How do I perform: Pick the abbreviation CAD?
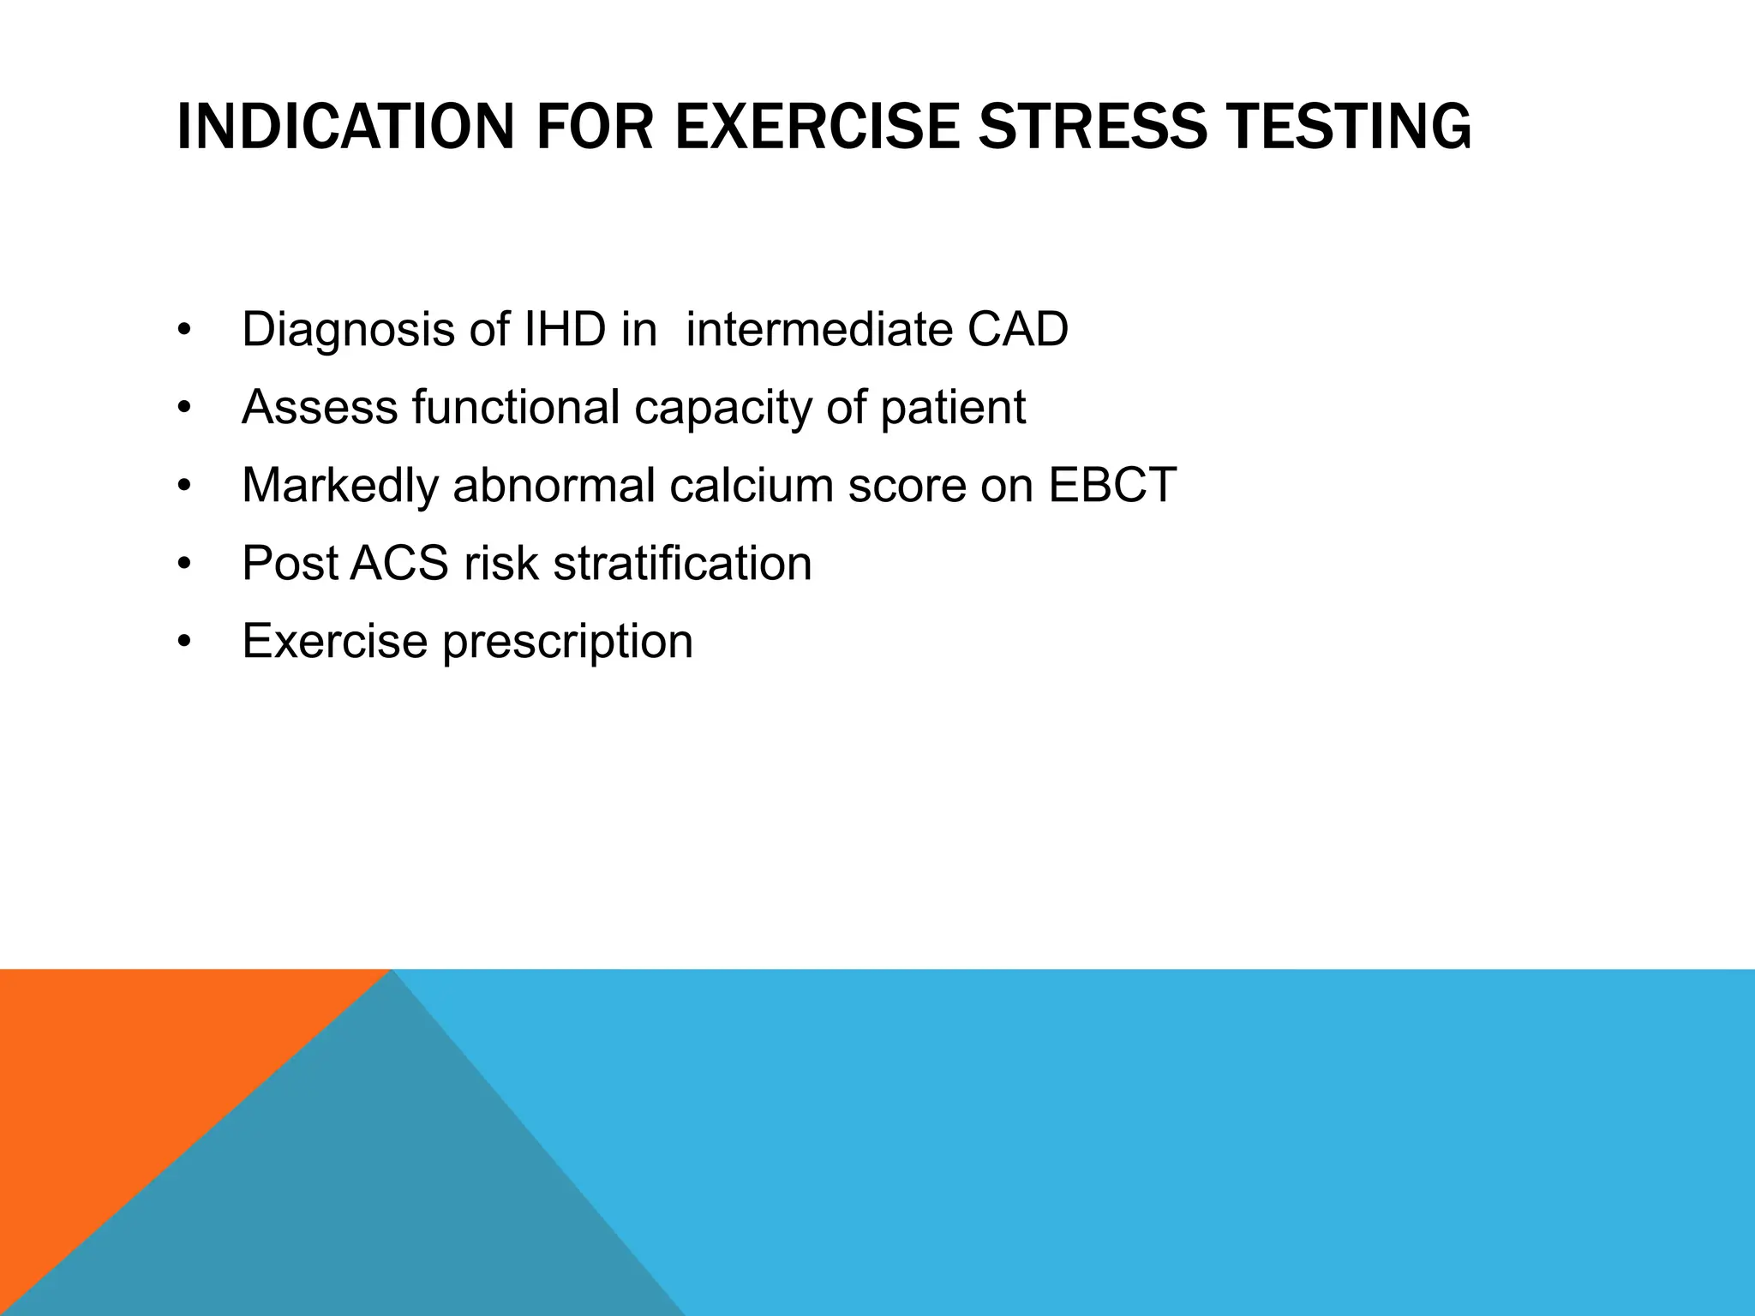[1017, 329]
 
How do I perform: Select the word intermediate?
[818, 329]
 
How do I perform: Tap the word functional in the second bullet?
[515, 407]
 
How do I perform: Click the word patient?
[952, 407]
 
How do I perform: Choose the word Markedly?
[339, 485]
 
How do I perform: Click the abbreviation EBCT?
[1111, 485]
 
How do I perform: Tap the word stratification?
[682, 563]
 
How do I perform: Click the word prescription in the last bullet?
[567, 641]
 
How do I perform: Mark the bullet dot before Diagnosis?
[183, 332]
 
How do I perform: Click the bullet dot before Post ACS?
[183, 565]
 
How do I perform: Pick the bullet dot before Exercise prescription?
[183, 643]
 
